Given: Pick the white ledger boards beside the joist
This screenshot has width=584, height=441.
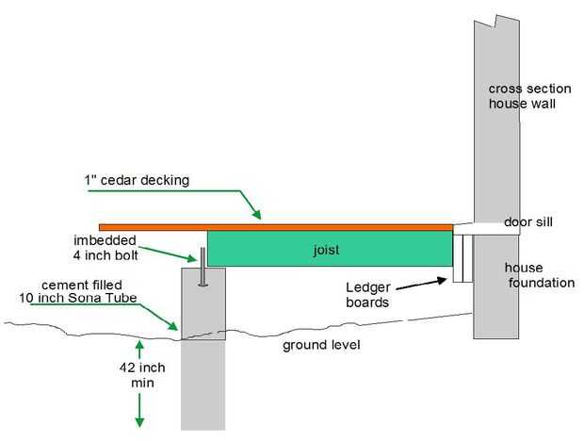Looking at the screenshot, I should pyautogui.click(x=461, y=257).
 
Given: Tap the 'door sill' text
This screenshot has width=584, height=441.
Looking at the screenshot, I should pyautogui.click(x=527, y=221).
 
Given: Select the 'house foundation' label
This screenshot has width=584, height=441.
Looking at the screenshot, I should pyautogui.click(x=538, y=275).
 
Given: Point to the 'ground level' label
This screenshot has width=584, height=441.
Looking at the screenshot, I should pyautogui.click(x=321, y=345).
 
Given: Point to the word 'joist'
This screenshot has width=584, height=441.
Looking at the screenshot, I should pyautogui.click(x=328, y=251).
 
